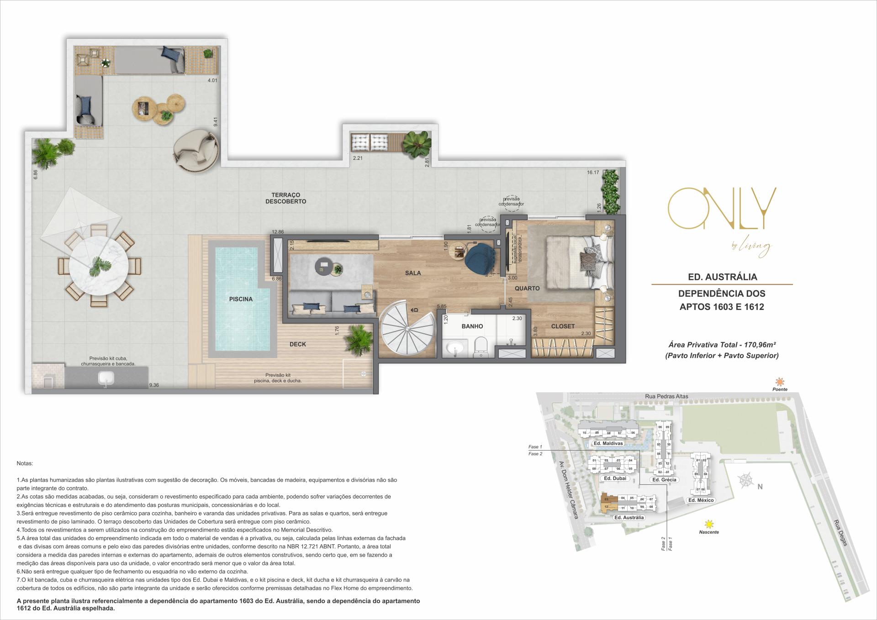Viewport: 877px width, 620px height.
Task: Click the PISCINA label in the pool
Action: pyautogui.click(x=241, y=299)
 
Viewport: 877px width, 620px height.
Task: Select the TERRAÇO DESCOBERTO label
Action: pyautogui.click(x=285, y=198)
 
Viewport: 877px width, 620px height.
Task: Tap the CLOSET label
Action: pyautogui.click(x=563, y=326)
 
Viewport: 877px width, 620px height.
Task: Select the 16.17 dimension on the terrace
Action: pyautogui.click(x=593, y=173)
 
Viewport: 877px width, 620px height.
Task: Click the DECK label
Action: pyautogui.click(x=298, y=344)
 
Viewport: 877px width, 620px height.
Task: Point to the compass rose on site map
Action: pyautogui.click(x=746, y=481)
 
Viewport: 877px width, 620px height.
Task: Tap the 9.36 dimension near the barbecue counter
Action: pyautogui.click(x=154, y=385)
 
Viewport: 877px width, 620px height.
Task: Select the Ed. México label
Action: pyautogui.click(x=701, y=500)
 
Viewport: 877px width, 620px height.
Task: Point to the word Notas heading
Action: pyautogui.click(x=25, y=463)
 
